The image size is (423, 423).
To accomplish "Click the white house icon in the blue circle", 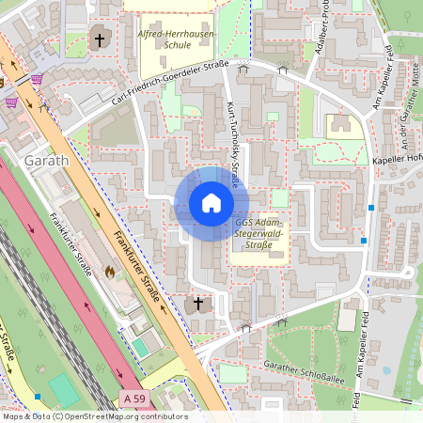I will tap(211, 203).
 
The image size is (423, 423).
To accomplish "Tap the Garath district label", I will tap(47, 161).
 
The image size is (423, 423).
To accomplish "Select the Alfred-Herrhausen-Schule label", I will tap(176, 39).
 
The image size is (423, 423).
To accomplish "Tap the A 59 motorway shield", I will tap(134, 399).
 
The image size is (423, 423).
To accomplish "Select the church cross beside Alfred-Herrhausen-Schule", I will tap(100, 40).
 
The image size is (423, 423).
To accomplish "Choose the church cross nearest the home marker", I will tap(197, 304).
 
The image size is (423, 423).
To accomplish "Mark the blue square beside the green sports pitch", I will tap(37, 398).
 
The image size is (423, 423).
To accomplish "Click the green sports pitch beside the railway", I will tap(64, 389).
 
